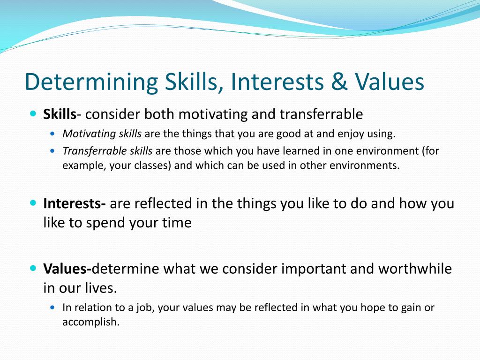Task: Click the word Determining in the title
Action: [91, 82]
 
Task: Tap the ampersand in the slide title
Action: [339, 82]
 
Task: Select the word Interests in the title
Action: [277, 82]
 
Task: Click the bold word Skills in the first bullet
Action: [60, 114]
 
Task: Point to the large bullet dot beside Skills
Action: [33, 113]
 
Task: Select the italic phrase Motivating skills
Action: [102, 134]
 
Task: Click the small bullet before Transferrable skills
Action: [53, 151]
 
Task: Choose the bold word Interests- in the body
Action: [75, 203]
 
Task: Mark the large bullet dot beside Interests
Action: [33, 203]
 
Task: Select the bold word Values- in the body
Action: [67, 269]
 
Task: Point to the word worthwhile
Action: [415, 269]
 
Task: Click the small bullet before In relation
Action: [53, 307]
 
